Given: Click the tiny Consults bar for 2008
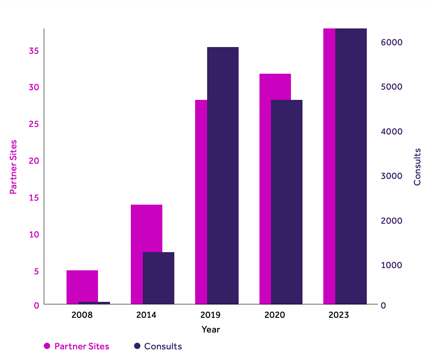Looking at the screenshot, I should [94, 303].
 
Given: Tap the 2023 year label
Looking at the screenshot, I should [339, 315].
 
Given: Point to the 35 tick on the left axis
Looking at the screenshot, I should [34, 51].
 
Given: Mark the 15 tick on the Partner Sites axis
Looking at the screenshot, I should [34, 198].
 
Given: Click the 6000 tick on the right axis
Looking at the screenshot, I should [391, 42].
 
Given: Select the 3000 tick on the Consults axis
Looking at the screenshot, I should [391, 176].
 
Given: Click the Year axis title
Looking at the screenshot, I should [211, 329].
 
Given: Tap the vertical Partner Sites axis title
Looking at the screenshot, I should [13, 167].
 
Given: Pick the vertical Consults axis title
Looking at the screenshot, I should [417, 167].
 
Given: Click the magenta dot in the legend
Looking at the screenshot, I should [47, 346].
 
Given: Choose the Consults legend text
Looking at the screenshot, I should [163, 346].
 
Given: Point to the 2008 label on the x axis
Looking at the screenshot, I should [82, 315].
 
